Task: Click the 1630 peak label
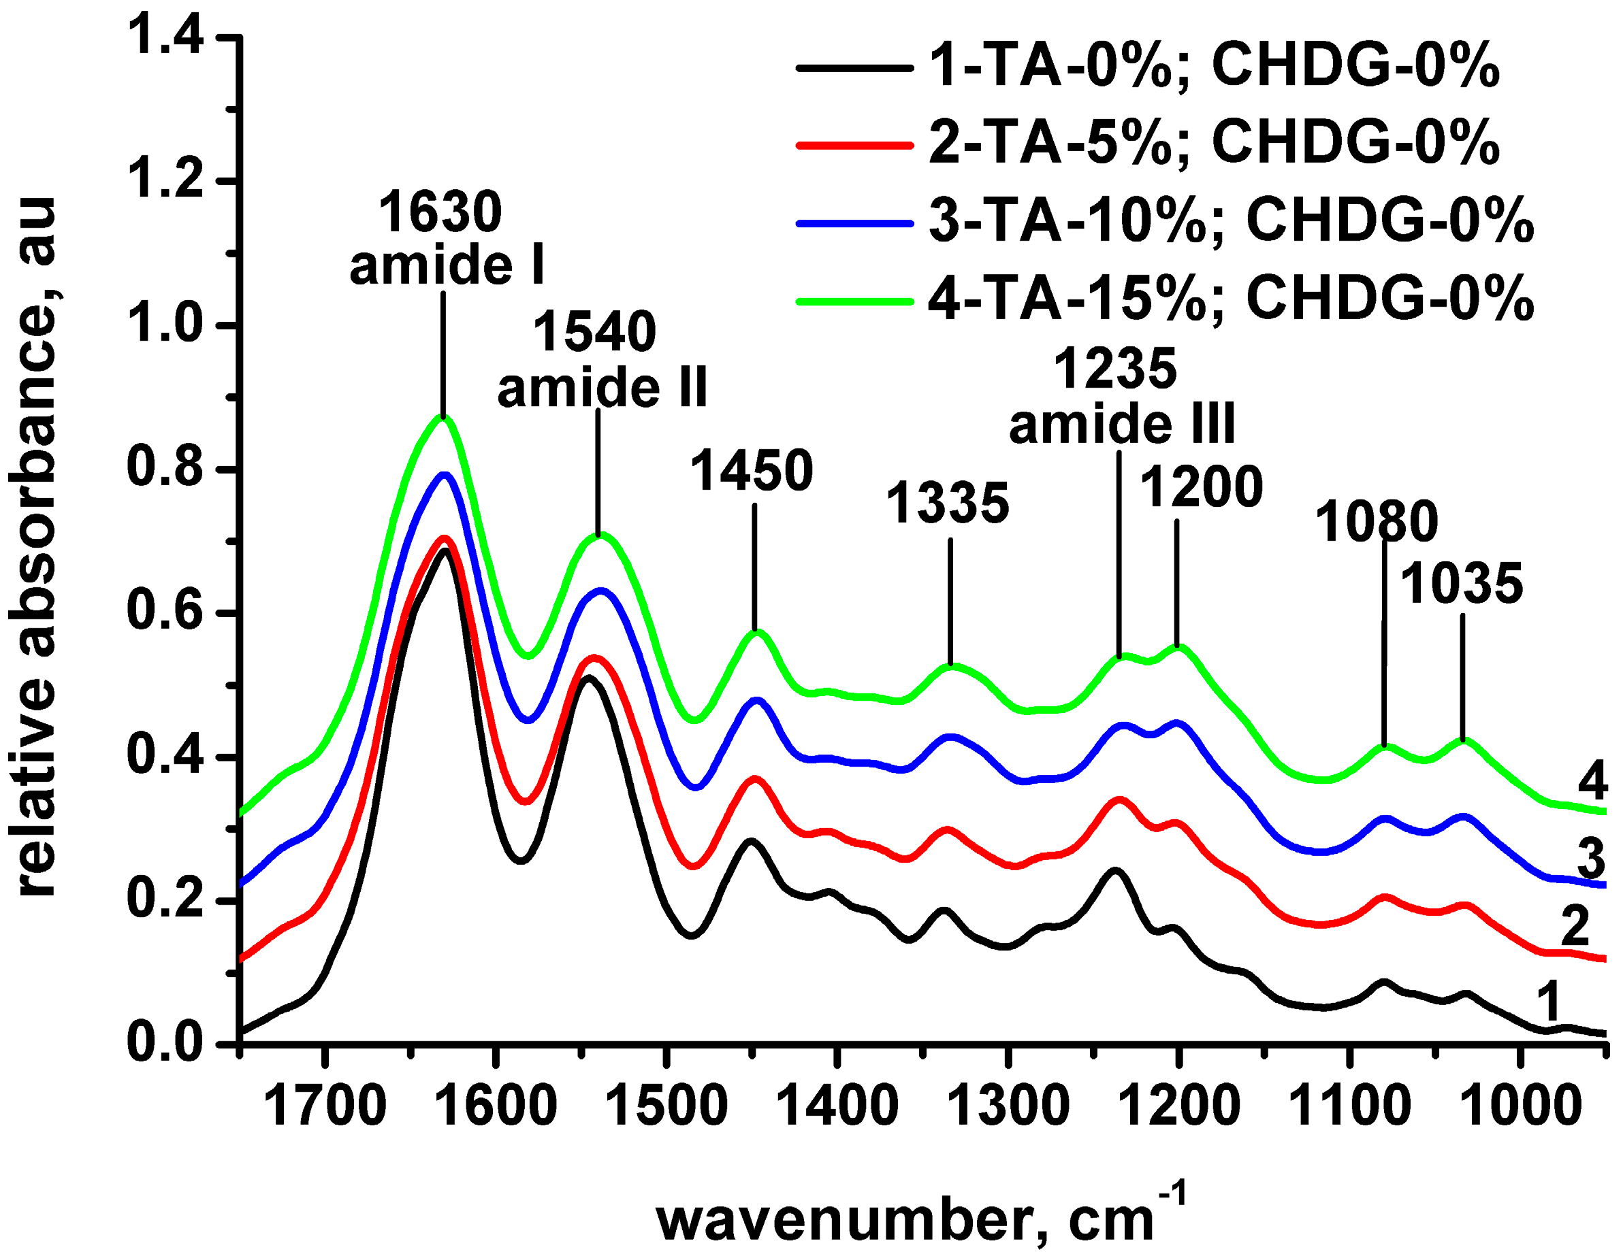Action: [x=440, y=212]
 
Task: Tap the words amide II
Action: [x=602, y=388]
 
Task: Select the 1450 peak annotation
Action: [x=752, y=471]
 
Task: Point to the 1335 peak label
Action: [x=948, y=503]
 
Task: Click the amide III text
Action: [x=1121, y=424]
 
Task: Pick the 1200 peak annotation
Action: [x=1201, y=488]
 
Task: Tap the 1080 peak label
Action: [x=1377, y=522]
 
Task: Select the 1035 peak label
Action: [x=1461, y=584]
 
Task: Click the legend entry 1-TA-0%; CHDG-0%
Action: [x=1214, y=67]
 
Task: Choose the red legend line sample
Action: [x=854, y=145]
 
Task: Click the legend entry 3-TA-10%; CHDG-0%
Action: [x=1231, y=220]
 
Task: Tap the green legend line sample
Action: [x=854, y=301]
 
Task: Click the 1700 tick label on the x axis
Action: [x=324, y=1108]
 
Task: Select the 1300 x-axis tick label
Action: [x=1008, y=1108]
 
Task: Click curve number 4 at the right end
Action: [x=1592, y=781]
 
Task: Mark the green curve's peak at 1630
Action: [x=443, y=418]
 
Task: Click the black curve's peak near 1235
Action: [x=1114, y=870]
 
